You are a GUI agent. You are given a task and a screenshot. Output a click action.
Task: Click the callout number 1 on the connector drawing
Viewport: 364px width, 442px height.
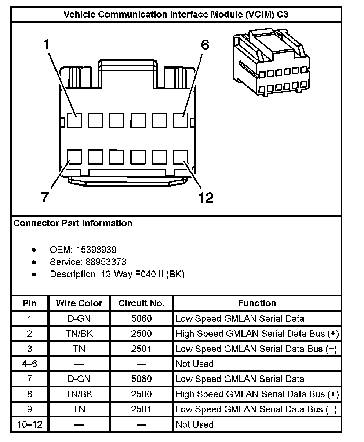[x=46, y=45]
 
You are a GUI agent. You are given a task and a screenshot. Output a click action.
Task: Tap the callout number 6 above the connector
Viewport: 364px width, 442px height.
[x=205, y=45]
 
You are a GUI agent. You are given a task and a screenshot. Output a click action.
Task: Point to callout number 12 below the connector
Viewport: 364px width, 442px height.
[x=205, y=198]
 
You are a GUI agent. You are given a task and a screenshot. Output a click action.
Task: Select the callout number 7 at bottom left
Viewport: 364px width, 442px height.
[x=45, y=198]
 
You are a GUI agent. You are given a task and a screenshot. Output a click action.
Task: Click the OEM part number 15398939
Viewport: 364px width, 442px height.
[x=96, y=250]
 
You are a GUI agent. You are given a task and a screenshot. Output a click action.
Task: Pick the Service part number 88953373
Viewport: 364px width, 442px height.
[x=106, y=262]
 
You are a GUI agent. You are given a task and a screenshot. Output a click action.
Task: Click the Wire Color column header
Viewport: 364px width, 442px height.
[x=79, y=303]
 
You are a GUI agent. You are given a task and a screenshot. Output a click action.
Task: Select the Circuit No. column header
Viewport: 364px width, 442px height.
[x=141, y=303]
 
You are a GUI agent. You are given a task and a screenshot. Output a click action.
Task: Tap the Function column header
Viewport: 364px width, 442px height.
[x=257, y=303]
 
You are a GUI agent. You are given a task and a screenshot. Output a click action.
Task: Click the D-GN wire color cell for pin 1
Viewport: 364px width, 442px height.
[x=79, y=318]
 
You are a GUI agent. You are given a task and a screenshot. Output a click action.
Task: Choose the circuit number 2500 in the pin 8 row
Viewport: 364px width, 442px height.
[x=141, y=394]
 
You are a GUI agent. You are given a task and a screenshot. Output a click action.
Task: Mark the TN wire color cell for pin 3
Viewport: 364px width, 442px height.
[x=79, y=349]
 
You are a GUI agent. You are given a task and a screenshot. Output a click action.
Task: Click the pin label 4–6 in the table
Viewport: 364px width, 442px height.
[x=29, y=364]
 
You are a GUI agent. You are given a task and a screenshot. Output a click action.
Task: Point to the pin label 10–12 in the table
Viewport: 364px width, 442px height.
[x=29, y=424]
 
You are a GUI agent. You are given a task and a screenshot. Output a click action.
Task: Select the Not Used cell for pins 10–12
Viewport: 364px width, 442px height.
[x=194, y=424]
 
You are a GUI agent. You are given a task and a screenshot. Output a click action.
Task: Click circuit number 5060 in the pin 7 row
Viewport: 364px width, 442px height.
[x=141, y=379]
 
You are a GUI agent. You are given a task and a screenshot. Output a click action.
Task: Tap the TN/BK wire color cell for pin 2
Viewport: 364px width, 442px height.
[x=79, y=334]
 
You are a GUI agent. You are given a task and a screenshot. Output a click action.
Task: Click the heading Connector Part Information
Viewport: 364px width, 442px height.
[x=73, y=223]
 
